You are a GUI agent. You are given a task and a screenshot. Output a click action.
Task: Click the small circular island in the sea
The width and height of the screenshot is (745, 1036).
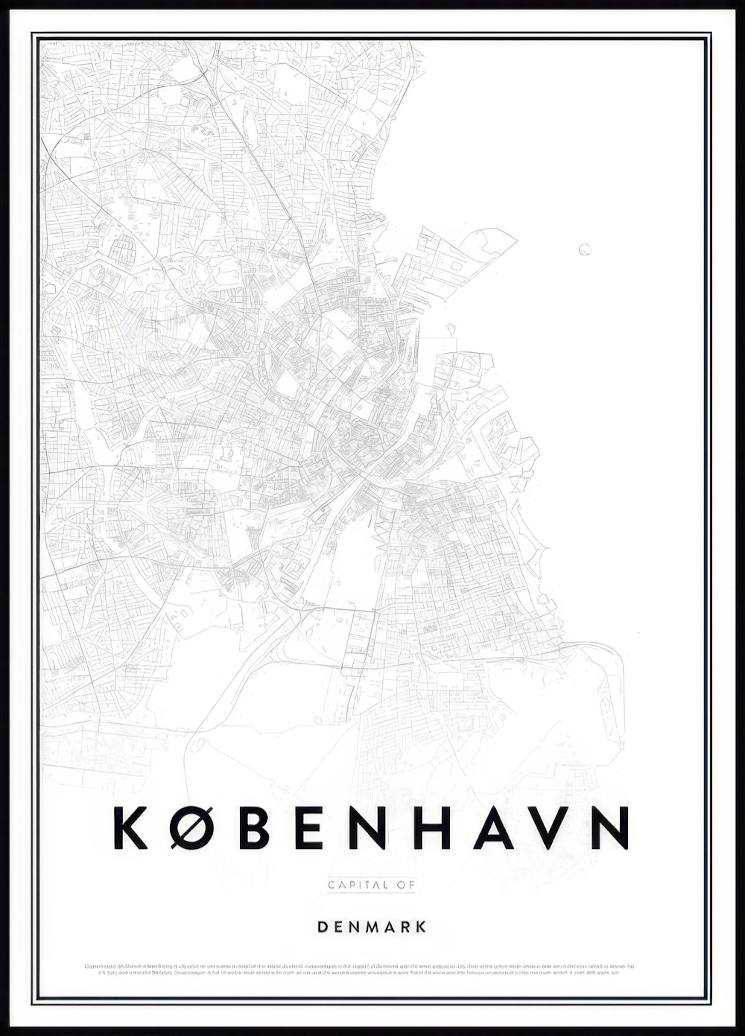coord(585,250)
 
